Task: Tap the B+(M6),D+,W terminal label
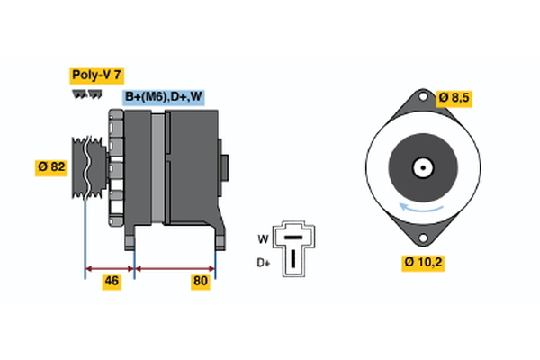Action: pyautogui.click(x=163, y=97)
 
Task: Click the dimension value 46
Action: pyautogui.click(x=112, y=282)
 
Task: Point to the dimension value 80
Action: pyautogui.click(x=201, y=282)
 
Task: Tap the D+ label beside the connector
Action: pyautogui.click(x=264, y=262)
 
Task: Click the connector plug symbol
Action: pyautogui.click(x=292, y=246)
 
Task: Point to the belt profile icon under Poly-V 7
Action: pyautogui.click(x=86, y=93)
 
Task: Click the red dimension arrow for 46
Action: pyautogui.click(x=109, y=267)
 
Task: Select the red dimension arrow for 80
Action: pyautogui.click(x=175, y=267)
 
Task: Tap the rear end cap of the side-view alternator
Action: pyautogui.click(x=225, y=168)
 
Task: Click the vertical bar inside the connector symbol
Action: pyautogui.click(x=292, y=256)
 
